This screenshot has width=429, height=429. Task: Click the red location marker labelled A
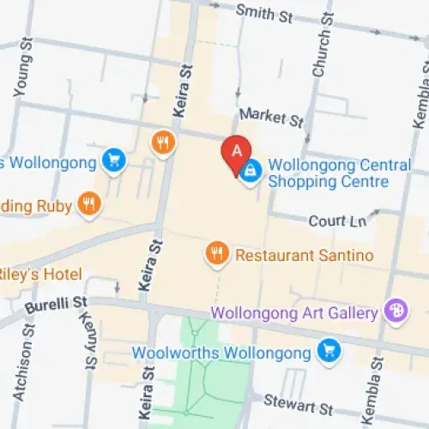236,152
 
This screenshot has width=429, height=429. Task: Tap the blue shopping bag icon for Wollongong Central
250,170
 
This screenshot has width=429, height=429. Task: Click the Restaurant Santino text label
304,255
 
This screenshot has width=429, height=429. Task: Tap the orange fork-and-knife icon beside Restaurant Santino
217,253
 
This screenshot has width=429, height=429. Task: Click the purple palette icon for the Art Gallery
396,311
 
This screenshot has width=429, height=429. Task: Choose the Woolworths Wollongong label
221,352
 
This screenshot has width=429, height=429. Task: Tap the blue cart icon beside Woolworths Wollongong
328,351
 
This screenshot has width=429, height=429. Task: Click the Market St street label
271,114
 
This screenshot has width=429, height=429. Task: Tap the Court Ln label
337,221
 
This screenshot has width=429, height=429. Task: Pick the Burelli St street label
56,303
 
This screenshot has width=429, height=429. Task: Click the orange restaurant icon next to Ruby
88,203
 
